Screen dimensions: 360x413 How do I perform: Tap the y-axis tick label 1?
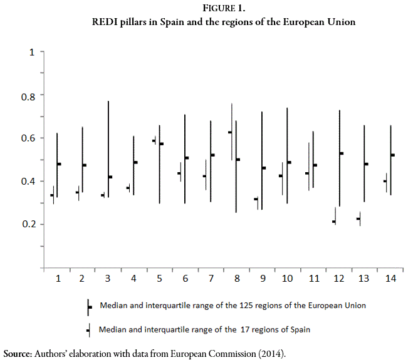[32, 52]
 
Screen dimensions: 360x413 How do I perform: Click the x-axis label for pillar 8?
[236, 278]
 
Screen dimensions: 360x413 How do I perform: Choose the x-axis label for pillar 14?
[390, 278]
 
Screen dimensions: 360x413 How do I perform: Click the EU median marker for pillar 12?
[342, 153]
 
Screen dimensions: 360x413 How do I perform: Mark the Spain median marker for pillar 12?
[334, 222]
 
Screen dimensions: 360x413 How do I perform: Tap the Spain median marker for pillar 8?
[230, 132]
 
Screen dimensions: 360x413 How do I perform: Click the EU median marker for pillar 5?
[161, 144]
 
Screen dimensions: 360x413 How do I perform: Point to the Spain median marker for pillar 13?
[358, 219]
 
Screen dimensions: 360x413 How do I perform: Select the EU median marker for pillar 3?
[110, 177]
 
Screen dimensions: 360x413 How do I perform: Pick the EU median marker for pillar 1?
[59, 164]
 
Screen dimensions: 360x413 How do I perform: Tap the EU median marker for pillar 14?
[392, 155]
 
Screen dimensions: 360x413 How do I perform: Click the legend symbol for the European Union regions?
[89, 307]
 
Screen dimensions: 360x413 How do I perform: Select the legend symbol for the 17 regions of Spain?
[88, 329]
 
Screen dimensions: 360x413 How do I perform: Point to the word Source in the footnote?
[17, 353]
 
